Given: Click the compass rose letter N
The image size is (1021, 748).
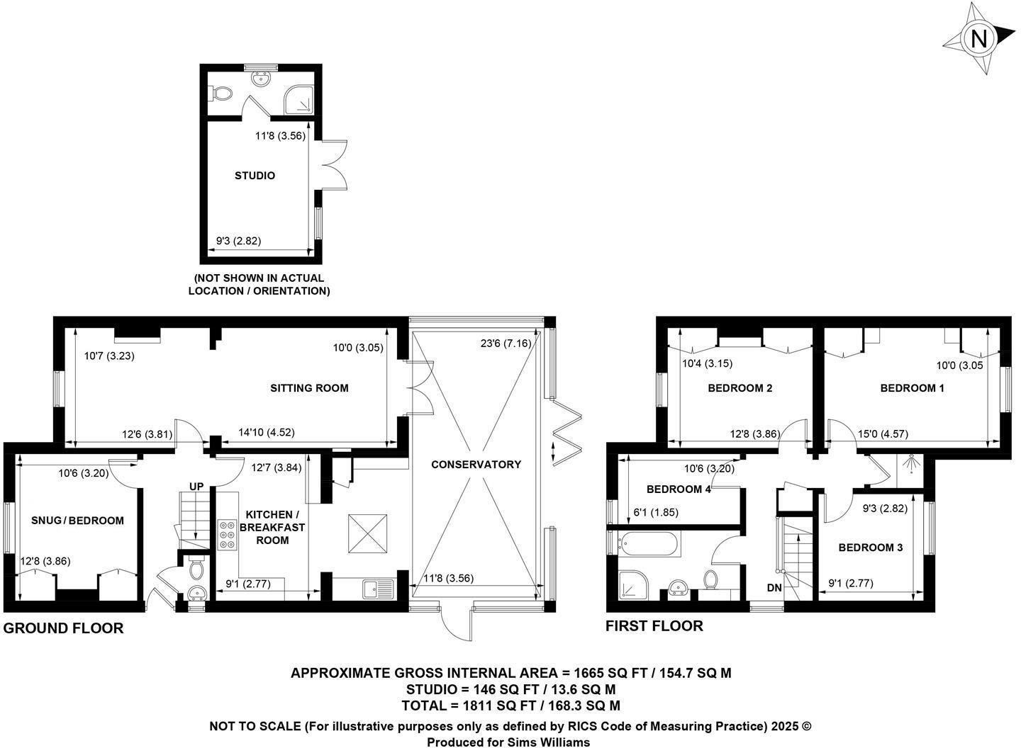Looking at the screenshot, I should (978, 38).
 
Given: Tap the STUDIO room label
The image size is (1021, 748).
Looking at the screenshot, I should (255, 176).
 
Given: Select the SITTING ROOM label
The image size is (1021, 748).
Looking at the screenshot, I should (309, 387).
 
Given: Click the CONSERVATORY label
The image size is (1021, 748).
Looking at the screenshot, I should (476, 465).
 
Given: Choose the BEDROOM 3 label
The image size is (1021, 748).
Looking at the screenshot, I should (870, 548).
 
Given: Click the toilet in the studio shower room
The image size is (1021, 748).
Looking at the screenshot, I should (221, 93).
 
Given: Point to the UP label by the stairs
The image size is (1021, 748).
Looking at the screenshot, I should (196, 487).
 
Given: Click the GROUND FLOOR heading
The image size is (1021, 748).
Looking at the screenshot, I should (64, 628).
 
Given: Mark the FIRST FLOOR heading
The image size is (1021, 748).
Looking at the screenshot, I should (654, 626).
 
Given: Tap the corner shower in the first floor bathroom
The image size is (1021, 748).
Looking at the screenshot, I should (632, 586).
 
